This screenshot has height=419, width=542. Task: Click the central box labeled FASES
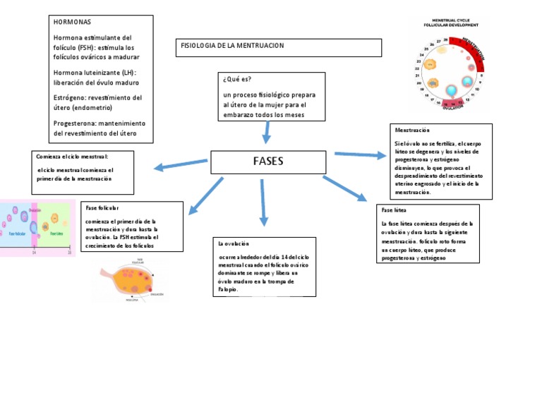point(268,162)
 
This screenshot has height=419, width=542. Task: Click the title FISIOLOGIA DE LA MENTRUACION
point(232,46)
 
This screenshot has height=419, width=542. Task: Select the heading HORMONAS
point(72,23)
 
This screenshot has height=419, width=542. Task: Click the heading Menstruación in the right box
point(412,130)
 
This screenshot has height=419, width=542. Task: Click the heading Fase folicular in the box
point(102,208)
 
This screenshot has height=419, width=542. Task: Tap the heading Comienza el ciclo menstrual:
point(72,156)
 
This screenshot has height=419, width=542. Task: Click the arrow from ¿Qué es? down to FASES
point(267,132)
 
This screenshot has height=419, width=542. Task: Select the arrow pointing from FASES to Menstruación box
point(359,154)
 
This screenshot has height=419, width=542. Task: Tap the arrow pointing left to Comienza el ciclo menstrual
point(181,166)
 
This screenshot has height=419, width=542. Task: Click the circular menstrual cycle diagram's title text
point(453,23)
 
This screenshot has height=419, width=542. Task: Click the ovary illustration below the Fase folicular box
point(131,281)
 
